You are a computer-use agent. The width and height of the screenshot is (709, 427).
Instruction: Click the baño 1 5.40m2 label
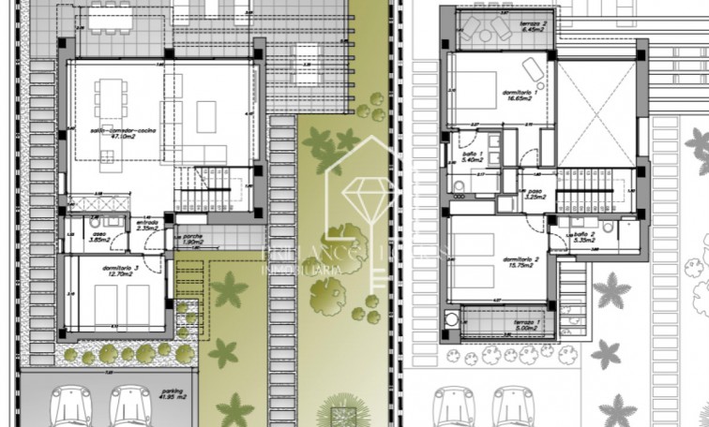pyautogui.click(x=473, y=156)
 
